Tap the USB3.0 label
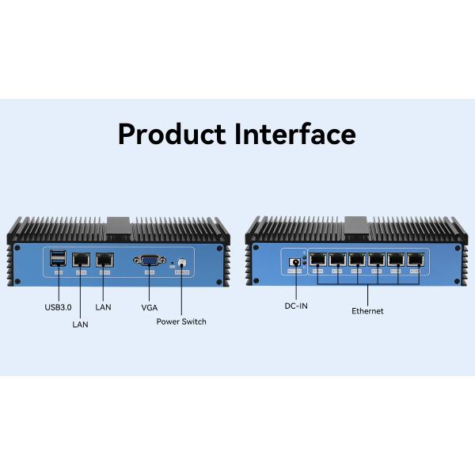pyautogui.click(x=58, y=306)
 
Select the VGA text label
pyautogui.click(x=148, y=306)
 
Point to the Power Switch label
pyautogui.click(x=181, y=321)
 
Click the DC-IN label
pyautogui.click(x=296, y=306)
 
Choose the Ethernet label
pyautogui.click(x=367, y=311)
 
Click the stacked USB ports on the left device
pyautogui.click(x=58, y=259)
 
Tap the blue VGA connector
pyautogui.click(x=148, y=260)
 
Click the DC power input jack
pyautogui.click(x=296, y=260)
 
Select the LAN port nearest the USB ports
pyautogui.click(x=81, y=259)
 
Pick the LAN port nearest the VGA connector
pyautogui.click(x=104, y=259)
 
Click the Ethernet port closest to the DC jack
pyautogui.click(x=317, y=260)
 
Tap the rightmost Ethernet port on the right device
pyautogui.click(x=415, y=260)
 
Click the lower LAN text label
pyautogui.click(x=81, y=324)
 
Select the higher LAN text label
pyautogui.click(x=104, y=306)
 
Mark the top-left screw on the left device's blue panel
pyautogui.click(x=17, y=247)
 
